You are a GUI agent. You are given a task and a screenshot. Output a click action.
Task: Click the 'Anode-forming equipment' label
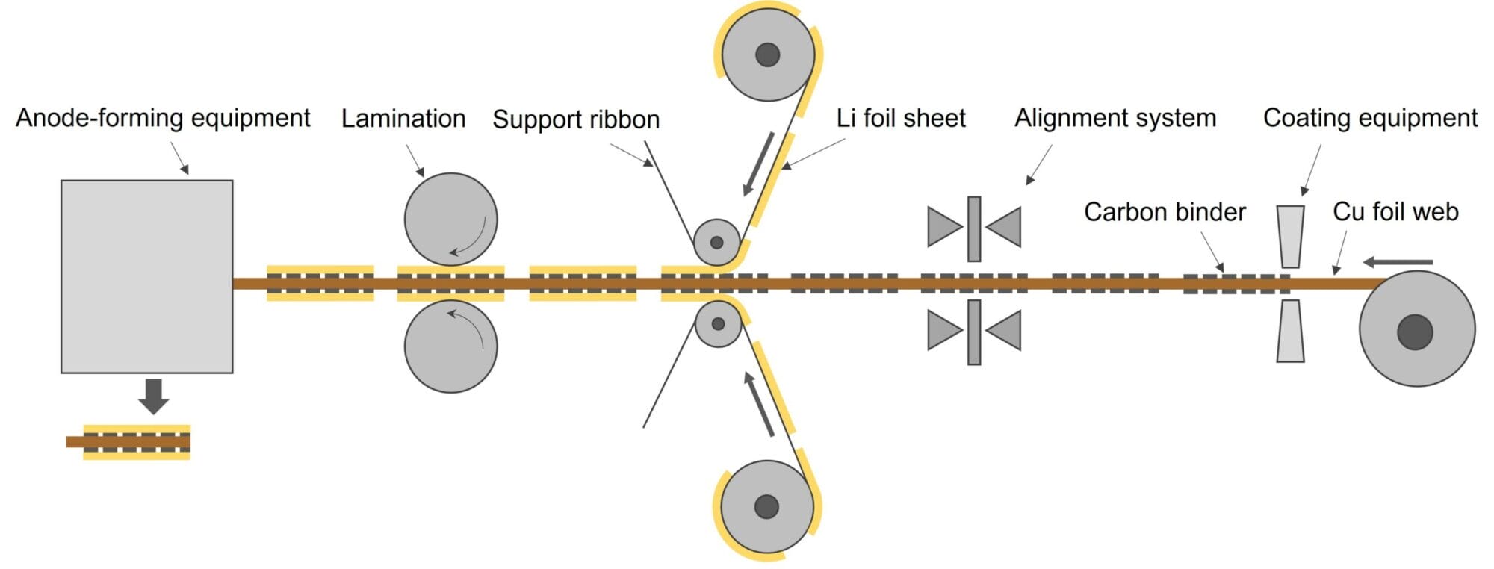tap(163, 118)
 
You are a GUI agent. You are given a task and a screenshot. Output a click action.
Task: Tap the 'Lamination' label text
tap(403, 119)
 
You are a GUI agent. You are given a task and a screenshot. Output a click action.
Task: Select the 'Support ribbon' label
tap(576, 119)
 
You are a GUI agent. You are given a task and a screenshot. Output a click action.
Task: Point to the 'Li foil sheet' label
tap(901, 118)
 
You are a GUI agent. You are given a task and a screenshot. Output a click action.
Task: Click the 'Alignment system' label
tap(1115, 118)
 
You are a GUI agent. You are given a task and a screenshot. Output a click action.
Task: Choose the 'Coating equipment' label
tap(1370, 118)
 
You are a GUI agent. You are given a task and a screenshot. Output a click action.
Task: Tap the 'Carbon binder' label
tap(1165, 212)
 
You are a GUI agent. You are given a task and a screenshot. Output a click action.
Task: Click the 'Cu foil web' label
tap(1395, 212)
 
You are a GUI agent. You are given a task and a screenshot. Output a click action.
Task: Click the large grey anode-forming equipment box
tap(146, 276)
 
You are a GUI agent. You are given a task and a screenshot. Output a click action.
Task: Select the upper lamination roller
tap(450, 220)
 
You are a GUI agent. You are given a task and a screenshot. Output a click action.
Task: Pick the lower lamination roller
tap(450, 346)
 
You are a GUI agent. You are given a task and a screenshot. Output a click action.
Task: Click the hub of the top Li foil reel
tap(768, 55)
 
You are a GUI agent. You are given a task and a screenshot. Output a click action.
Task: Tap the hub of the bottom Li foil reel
tap(766, 506)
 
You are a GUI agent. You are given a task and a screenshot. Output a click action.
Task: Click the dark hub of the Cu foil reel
tap(1415, 332)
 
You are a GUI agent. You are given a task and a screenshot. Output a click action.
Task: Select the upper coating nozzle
tap(1291, 236)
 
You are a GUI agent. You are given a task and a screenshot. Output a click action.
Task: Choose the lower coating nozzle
tap(1290, 331)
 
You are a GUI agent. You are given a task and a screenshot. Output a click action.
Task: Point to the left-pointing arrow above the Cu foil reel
tap(1398, 262)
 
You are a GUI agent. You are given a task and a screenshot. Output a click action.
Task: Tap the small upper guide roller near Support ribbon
tap(716, 243)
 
